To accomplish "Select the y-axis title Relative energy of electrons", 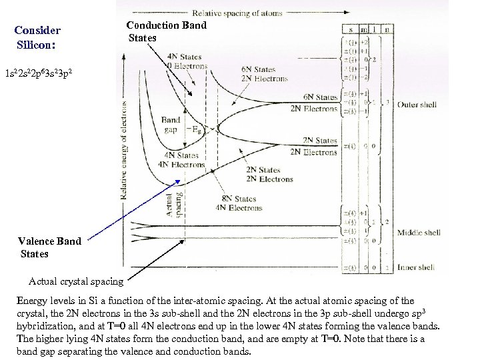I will tap(124, 151).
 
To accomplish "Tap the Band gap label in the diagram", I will tap(170, 125).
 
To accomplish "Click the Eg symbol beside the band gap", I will tap(193, 129).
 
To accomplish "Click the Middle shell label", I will tap(418, 233).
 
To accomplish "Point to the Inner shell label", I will tap(417, 267).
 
